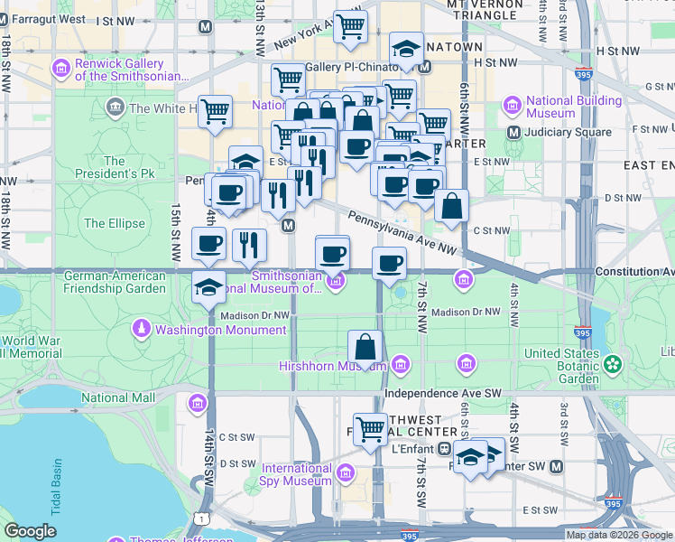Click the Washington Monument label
[x=220, y=330]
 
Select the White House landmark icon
[x=115, y=108]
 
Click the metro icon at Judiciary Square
[x=514, y=132]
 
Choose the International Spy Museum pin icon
[x=343, y=474]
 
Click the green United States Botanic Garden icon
[x=614, y=365]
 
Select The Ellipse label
[x=107, y=223]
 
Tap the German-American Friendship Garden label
[x=115, y=282]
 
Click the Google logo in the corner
[x=29, y=531]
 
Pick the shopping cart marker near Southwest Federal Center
[x=370, y=429]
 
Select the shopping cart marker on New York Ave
[x=351, y=25]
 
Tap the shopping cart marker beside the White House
[x=216, y=112]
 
